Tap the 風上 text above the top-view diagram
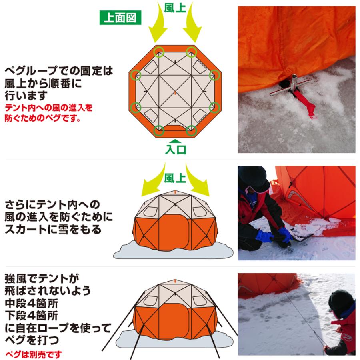point(175,8)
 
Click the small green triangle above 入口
point(175,140)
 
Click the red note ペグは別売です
point(34,354)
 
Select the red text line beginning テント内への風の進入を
point(49,108)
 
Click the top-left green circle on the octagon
point(159,51)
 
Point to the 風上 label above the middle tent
point(175,177)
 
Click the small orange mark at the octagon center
point(175,92)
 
